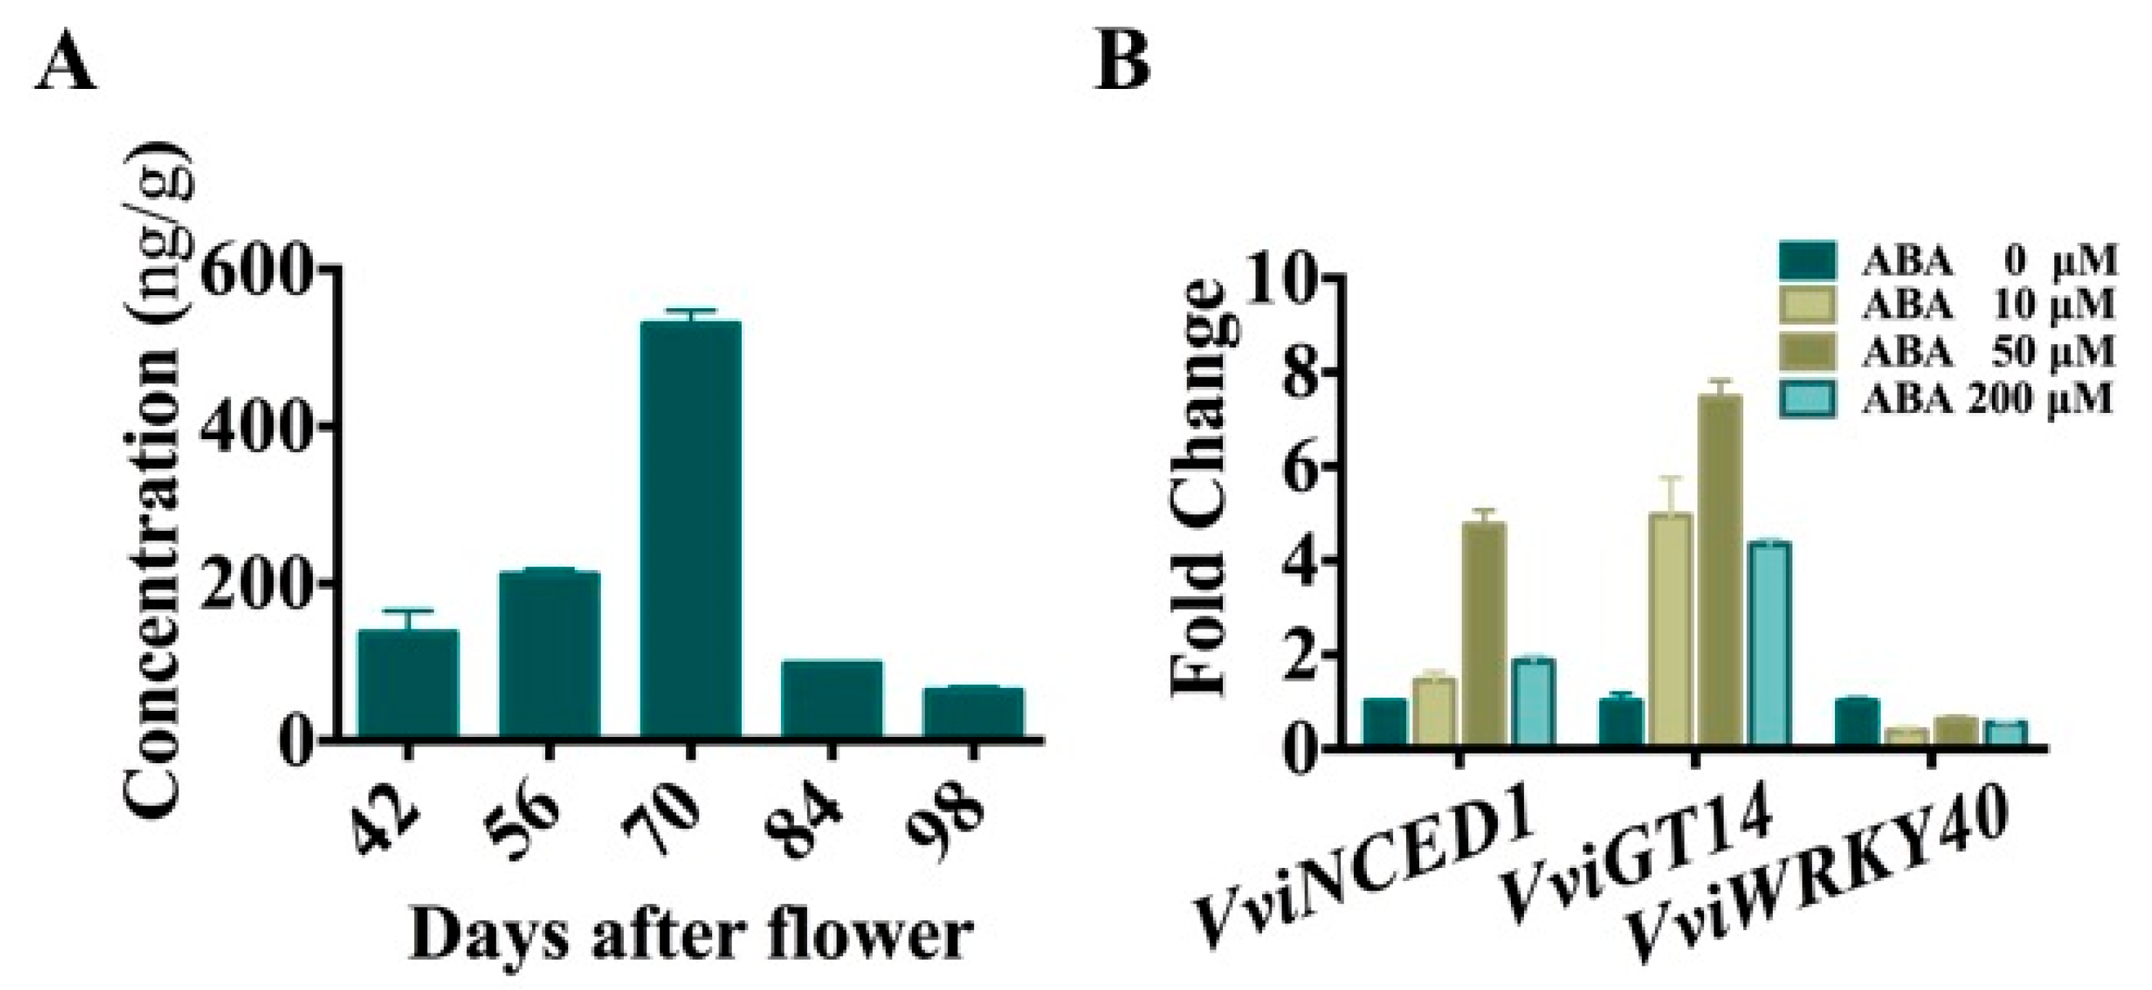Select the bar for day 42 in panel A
coord(407,683)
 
